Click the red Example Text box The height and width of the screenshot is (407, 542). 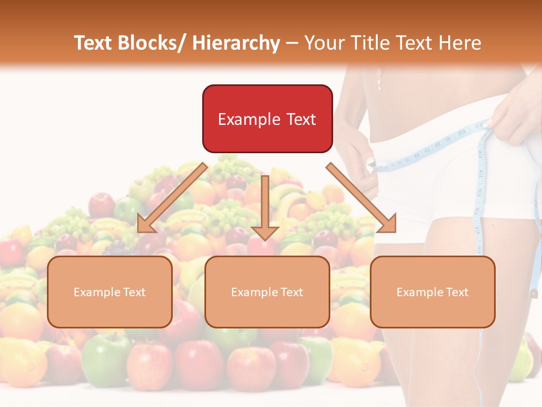[267, 119]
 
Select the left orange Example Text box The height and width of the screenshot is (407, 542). [110, 292]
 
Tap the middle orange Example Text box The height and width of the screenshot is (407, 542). [267, 292]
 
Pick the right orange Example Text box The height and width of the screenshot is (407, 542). [432, 292]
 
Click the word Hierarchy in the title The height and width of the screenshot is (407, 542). [237, 43]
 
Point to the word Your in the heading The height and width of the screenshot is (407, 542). [325, 43]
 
